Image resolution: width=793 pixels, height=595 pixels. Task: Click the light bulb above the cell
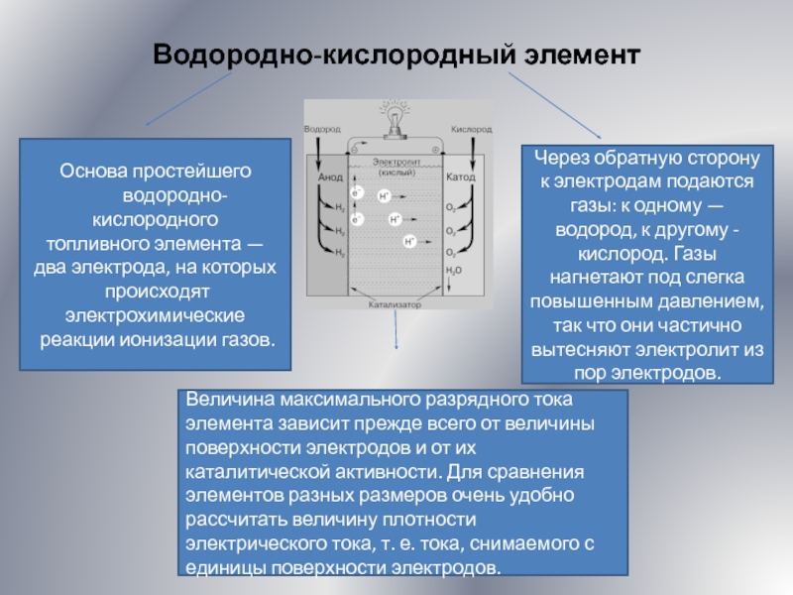[397, 117]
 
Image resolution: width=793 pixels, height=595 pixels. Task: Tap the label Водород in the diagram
[322, 130]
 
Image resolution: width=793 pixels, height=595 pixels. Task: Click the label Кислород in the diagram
[471, 130]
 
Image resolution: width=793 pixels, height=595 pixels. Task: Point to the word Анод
[330, 178]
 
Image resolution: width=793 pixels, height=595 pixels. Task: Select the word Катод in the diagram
[461, 178]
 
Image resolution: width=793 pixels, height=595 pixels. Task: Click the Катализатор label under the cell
[396, 305]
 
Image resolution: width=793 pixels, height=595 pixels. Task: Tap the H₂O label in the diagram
[454, 269]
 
